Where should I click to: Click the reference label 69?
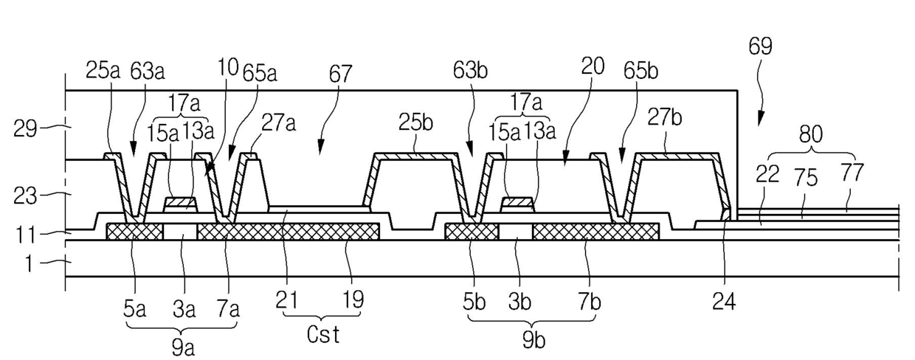(761, 48)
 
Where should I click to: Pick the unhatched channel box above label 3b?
(515, 232)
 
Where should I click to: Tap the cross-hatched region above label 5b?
(472, 232)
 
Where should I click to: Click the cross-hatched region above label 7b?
(595, 232)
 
